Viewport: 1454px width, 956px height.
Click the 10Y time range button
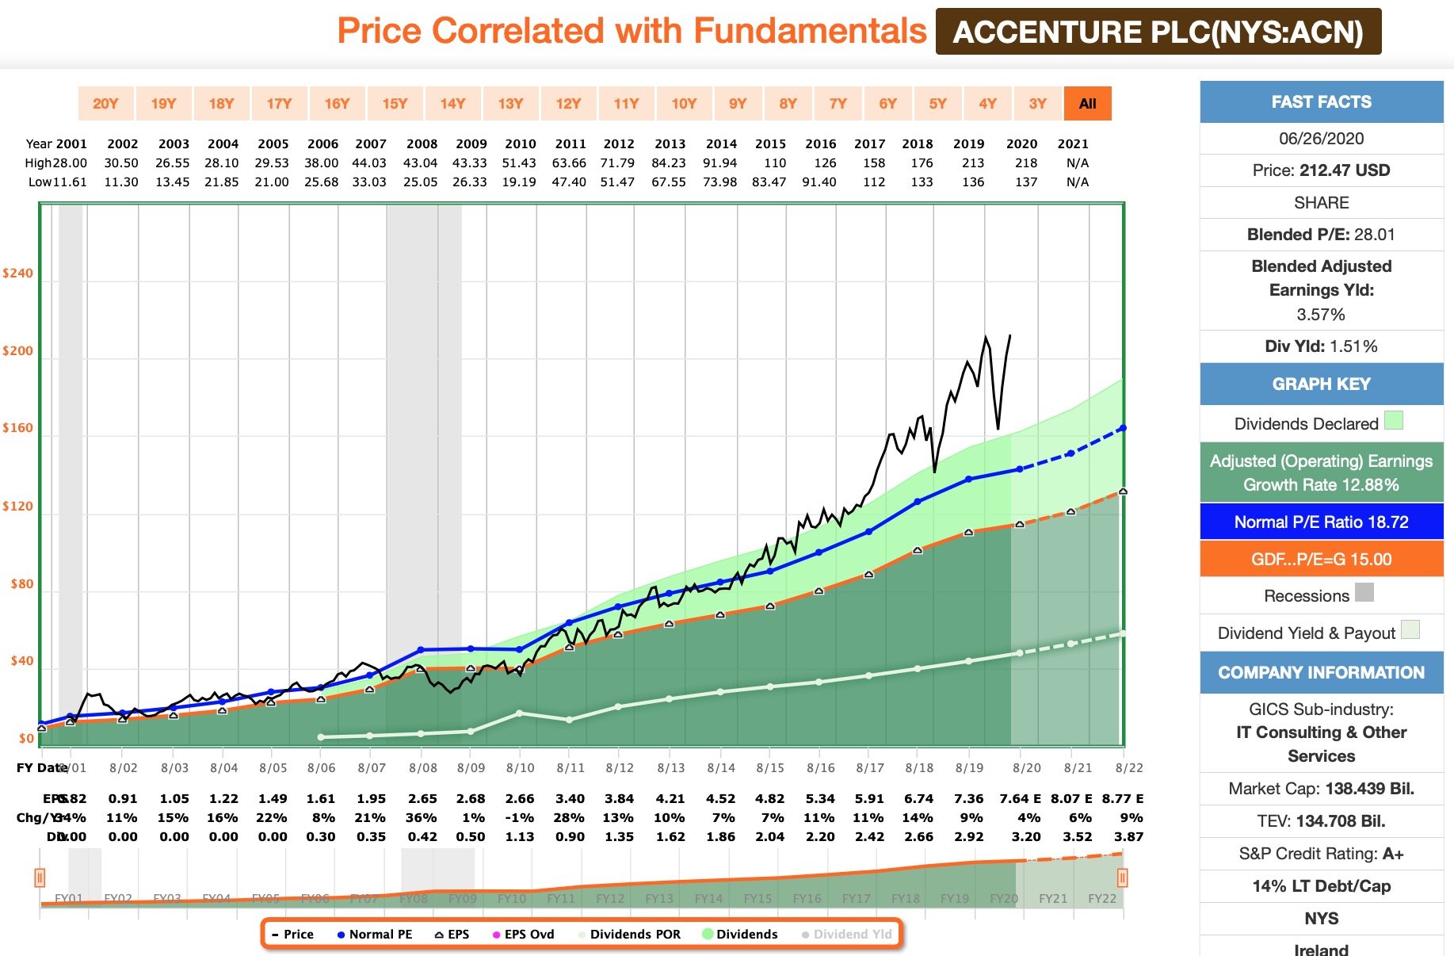point(684,104)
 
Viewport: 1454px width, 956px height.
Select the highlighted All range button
point(1087,104)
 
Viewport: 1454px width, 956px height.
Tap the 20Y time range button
point(105,104)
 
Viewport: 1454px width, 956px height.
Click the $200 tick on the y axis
point(17,351)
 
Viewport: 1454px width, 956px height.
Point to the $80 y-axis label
point(21,584)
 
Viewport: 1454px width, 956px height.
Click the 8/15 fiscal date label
point(769,768)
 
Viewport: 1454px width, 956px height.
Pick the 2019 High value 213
point(973,163)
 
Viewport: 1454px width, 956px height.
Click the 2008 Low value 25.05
point(421,182)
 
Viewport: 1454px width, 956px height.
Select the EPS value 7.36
point(968,799)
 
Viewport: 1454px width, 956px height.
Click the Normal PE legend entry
point(375,935)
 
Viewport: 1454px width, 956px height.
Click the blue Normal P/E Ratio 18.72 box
point(1321,522)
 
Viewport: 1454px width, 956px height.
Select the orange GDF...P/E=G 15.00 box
point(1321,560)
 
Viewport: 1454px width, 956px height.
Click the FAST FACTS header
point(1321,102)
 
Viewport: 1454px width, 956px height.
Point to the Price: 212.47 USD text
point(1321,170)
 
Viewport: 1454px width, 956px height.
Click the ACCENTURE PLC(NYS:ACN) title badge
point(1158,33)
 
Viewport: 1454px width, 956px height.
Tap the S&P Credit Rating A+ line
point(1321,854)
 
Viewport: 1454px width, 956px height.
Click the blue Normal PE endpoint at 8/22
point(1122,428)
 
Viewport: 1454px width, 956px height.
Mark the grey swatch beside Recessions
point(1364,592)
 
